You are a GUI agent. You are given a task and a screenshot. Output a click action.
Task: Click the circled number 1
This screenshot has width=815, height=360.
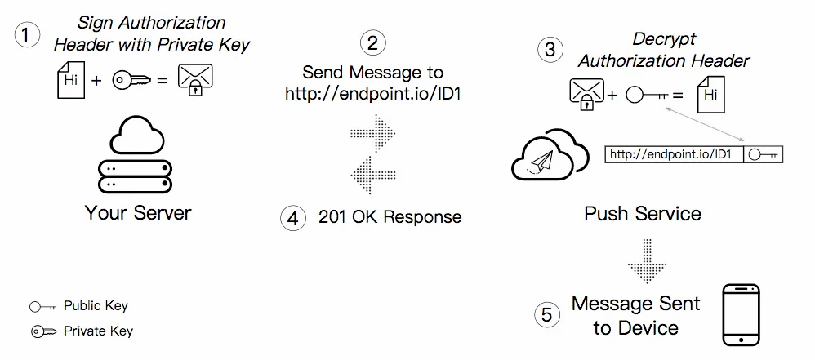point(27,36)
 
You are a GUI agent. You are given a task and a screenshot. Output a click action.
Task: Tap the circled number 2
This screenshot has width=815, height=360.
point(372,42)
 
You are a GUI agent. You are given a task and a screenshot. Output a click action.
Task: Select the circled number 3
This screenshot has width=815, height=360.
point(550,49)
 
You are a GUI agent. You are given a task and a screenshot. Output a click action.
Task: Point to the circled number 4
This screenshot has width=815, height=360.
point(292,217)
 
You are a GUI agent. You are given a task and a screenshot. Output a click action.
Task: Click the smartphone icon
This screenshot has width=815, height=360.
point(742,316)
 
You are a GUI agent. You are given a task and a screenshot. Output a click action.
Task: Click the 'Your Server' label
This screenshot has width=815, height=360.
point(138,213)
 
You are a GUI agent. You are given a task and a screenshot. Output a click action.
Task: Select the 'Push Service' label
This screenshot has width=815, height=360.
point(643,214)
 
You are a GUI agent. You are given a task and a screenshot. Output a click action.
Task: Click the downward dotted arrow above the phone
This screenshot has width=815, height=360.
point(648,260)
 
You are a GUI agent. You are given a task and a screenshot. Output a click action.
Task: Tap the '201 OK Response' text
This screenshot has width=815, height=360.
point(390,217)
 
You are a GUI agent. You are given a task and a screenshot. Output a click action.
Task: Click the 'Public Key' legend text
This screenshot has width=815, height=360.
point(96,306)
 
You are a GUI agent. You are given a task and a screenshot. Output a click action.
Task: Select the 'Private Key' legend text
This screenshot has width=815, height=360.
point(98,331)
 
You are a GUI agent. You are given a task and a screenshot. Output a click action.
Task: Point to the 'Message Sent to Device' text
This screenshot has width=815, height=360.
point(635,316)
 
